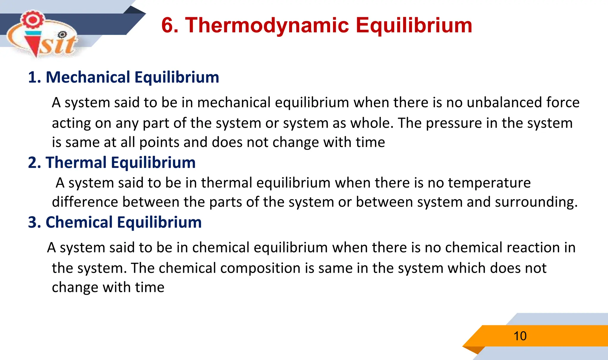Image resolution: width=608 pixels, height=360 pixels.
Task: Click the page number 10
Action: click(520, 336)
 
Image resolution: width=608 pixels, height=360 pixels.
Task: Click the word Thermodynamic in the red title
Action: click(267, 25)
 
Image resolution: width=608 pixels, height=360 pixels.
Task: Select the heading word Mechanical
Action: click(88, 77)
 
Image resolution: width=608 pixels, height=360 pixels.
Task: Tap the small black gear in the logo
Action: click(62, 35)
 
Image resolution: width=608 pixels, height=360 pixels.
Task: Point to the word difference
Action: click(85, 202)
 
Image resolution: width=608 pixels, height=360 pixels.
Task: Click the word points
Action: click(159, 142)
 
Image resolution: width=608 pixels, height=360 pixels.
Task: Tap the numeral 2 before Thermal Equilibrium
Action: click(32, 163)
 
